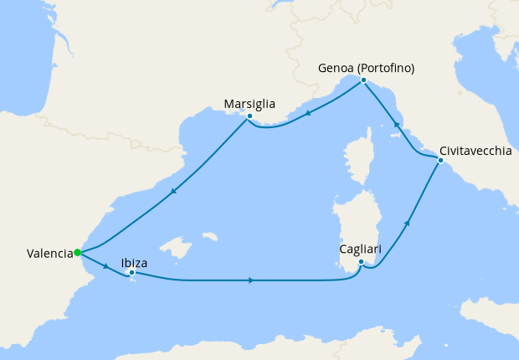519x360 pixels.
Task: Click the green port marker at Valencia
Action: [77, 252]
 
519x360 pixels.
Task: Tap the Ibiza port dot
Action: [131, 272]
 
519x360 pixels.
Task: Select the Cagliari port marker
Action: [361, 262]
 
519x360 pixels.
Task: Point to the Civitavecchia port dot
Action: [439, 160]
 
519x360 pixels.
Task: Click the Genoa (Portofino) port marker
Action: [363, 80]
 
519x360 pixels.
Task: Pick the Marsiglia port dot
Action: [249, 116]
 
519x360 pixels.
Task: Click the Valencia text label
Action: [49, 252]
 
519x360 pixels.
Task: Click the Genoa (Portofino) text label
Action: [367, 68]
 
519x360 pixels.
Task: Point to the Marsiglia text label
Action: [249, 104]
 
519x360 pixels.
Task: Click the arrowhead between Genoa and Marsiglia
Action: [307, 114]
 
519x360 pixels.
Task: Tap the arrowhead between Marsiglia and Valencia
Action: [172, 192]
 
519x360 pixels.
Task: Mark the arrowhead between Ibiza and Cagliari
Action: [251, 280]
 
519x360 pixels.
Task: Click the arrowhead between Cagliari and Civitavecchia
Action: [407, 223]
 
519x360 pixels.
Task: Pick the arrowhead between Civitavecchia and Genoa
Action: [397, 124]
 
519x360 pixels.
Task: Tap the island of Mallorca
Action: [175, 249]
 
